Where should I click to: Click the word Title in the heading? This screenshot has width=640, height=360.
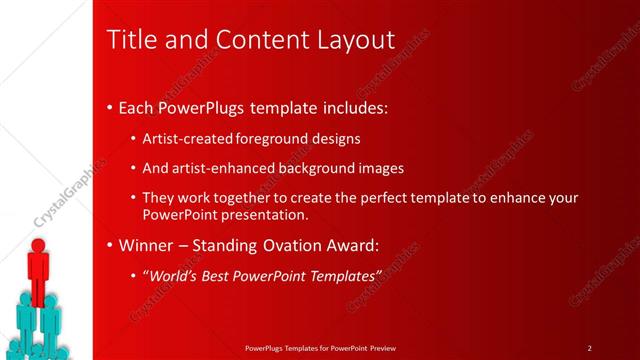coord(131,40)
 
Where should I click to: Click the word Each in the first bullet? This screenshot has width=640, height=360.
coord(137,107)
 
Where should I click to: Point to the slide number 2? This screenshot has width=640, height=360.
coord(590,348)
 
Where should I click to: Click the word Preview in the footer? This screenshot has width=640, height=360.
coord(382,348)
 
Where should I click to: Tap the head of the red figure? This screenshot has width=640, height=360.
coord(39,245)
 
